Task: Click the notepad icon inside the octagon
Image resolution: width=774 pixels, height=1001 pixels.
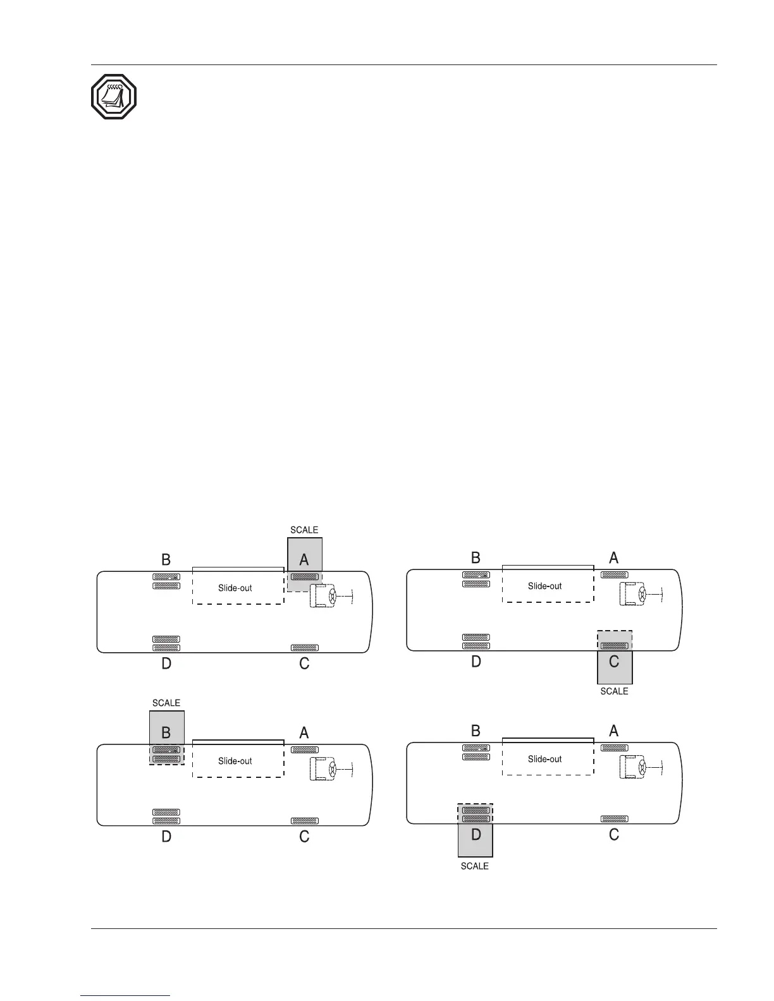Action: pyautogui.click(x=114, y=97)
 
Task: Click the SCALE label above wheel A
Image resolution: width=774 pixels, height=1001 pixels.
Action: pyautogui.click(x=304, y=530)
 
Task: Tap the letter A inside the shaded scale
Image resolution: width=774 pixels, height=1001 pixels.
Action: pyautogui.click(x=304, y=559)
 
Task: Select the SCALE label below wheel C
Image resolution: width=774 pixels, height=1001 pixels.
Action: pyautogui.click(x=614, y=691)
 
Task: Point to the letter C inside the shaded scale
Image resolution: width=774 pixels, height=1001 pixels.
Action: pyautogui.click(x=614, y=662)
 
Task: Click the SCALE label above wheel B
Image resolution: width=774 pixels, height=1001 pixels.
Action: pyautogui.click(x=166, y=703)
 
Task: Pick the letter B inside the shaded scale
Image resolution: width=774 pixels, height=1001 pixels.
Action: pyautogui.click(x=166, y=732)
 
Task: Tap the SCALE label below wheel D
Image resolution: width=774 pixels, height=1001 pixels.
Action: pyautogui.click(x=474, y=866)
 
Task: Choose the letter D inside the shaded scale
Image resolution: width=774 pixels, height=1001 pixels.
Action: pyautogui.click(x=476, y=835)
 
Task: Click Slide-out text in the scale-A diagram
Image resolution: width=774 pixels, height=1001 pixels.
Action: pyautogui.click(x=235, y=588)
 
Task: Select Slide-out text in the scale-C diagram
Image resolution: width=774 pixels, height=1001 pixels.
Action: pyautogui.click(x=545, y=586)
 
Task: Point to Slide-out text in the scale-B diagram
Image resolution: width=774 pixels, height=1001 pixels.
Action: pyautogui.click(x=235, y=761)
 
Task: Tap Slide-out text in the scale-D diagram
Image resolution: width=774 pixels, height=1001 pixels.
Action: pyautogui.click(x=545, y=759)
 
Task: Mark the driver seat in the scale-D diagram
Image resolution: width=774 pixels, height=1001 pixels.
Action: pyautogui.click(x=632, y=767)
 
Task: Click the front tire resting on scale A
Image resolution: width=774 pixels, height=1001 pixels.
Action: pyautogui.click(x=304, y=576)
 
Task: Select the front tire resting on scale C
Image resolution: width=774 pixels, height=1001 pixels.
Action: pyautogui.click(x=614, y=646)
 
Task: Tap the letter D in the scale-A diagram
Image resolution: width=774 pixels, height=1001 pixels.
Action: pyautogui.click(x=166, y=664)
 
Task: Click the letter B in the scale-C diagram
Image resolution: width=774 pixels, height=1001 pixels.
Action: pyautogui.click(x=476, y=557)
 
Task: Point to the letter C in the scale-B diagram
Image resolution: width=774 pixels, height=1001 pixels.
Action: pyautogui.click(x=304, y=837)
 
